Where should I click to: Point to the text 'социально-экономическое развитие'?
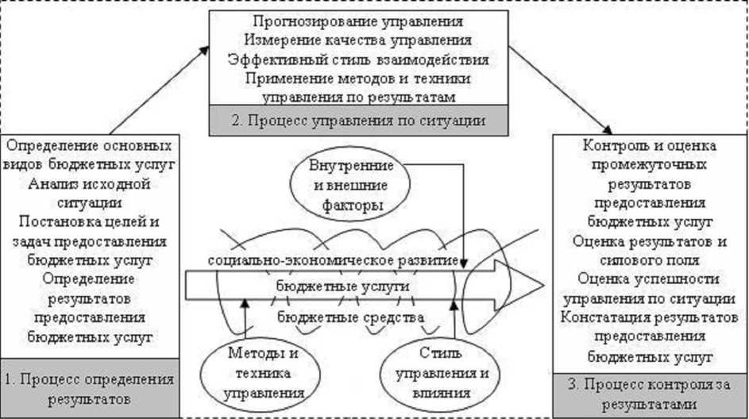(x=334, y=261)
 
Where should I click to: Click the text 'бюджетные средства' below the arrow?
(x=350, y=319)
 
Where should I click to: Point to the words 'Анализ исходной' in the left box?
(x=89, y=184)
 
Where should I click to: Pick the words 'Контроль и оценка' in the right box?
(x=650, y=146)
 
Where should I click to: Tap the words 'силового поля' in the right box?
(x=650, y=259)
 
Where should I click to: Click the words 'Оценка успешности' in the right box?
(x=650, y=279)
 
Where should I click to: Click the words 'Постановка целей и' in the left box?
(x=89, y=222)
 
